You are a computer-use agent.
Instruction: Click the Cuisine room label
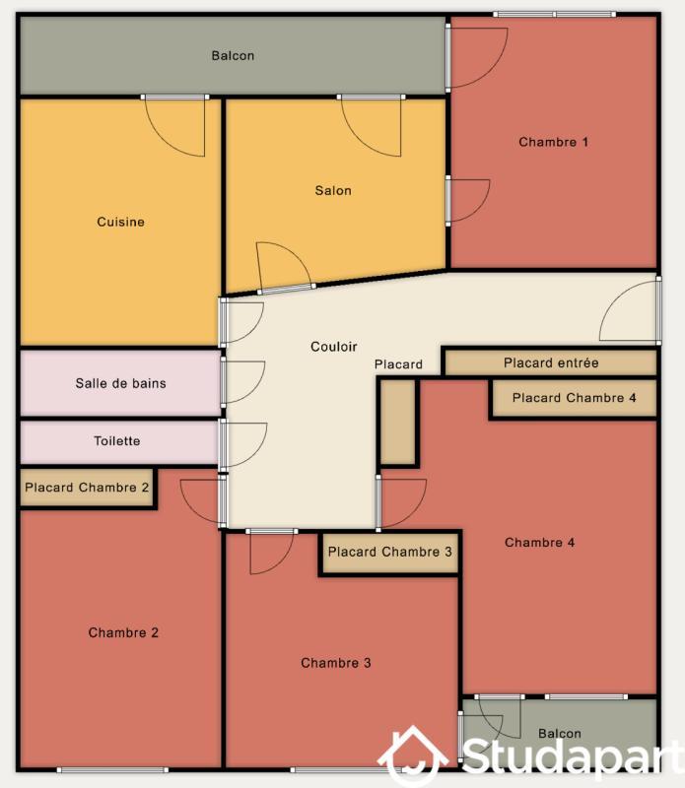(x=120, y=222)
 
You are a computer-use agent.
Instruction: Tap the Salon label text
(x=333, y=190)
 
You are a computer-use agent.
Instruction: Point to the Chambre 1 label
(x=553, y=142)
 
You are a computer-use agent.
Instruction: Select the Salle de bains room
(x=119, y=383)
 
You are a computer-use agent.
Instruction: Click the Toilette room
(x=119, y=441)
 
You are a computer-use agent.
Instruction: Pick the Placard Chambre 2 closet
(x=87, y=488)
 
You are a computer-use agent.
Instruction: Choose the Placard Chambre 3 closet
(x=389, y=553)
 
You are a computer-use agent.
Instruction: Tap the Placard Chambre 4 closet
(x=574, y=398)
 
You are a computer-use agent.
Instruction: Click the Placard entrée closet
(x=551, y=362)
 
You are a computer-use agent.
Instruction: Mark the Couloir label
(x=333, y=347)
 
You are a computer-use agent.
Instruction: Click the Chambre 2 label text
(x=123, y=632)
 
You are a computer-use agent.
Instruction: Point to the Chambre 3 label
(x=335, y=663)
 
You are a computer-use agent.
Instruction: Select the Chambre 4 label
(x=539, y=543)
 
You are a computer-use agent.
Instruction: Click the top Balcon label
(x=233, y=55)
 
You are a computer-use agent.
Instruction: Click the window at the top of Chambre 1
(x=554, y=14)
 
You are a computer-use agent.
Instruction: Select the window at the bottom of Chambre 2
(x=112, y=770)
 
